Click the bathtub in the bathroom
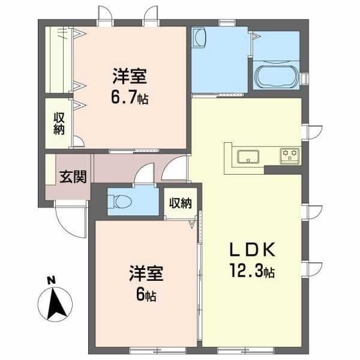[x=277, y=76]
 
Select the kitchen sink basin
[x=247, y=157]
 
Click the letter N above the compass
[x=52, y=280]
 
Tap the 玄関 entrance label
[x=71, y=177]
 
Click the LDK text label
[x=250, y=248]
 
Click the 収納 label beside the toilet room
[x=180, y=203]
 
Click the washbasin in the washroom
[x=200, y=38]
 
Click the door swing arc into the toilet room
[x=144, y=175]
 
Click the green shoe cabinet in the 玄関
[x=49, y=171]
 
